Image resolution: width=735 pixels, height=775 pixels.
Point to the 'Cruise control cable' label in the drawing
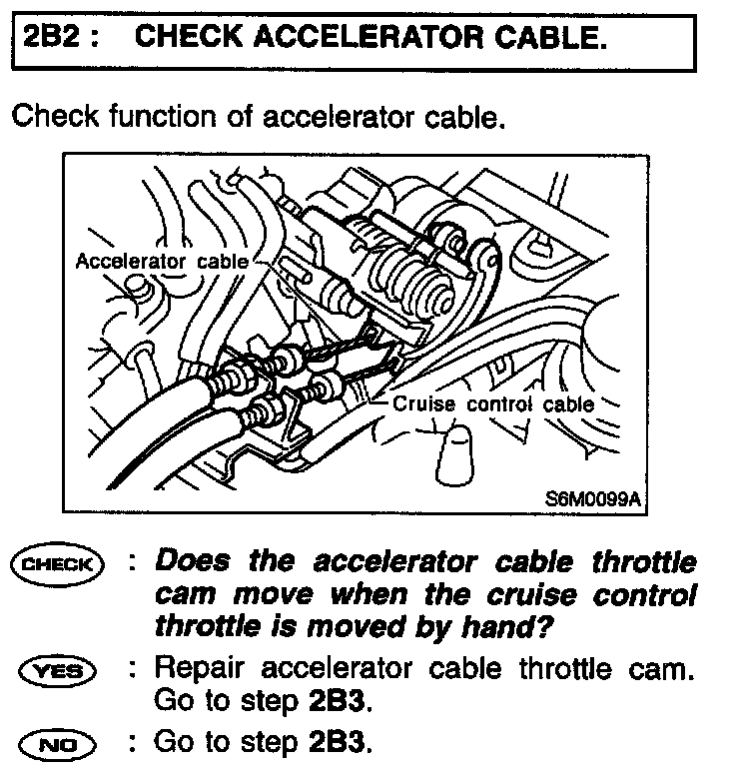494,404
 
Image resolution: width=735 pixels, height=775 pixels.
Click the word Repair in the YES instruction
198,668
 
